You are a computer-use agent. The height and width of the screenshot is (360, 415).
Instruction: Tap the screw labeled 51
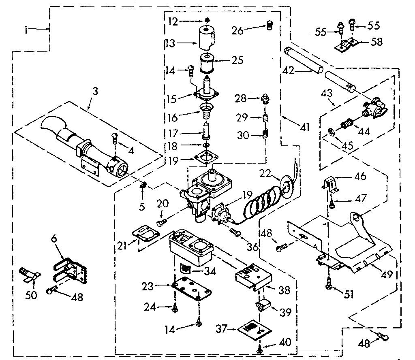(x=329, y=285)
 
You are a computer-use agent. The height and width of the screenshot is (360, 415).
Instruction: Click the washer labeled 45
(x=330, y=132)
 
